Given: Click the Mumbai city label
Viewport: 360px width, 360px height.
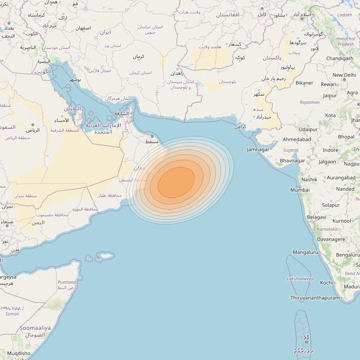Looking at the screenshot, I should pyautogui.click(x=300, y=190).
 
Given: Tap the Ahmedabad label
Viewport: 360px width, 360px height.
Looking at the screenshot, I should pyautogui.click(x=297, y=140).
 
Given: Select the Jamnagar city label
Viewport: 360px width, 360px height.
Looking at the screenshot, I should pyautogui.click(x=258, y=149).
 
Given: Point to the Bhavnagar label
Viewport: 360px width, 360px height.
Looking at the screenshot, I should pyautogui.click(x=292, y=160).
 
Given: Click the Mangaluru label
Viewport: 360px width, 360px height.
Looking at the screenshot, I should pyautogui.click(x=305, y=252).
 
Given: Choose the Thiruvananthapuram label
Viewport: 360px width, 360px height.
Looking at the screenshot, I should pyautogui.click(x=315, y=298).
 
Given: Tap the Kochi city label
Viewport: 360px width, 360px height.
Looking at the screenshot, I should pyautogui.click(x=326, y=283).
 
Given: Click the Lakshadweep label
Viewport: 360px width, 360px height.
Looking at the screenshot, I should pyautogui.click(x=300, y=279).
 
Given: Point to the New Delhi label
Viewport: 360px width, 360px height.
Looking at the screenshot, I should pyautogui.click(x=344, y=75).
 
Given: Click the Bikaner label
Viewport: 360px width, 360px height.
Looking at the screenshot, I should pyautogui.click(x=304, y=83).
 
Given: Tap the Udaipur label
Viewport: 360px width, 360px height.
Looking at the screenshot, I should pyautogui.click(x=308, y=129).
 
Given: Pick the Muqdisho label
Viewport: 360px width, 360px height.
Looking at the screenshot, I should pyautogui.click(x=19, y=353).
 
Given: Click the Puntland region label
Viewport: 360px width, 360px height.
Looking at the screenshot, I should pyautogui.click(x=67, y=282).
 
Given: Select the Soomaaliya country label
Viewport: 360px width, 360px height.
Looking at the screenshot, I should pyautogui.click(x=35, y=328).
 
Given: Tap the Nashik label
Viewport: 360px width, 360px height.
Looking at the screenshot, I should pyautogui.click(x=309, y=179).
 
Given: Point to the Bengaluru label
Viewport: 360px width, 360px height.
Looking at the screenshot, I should pyautogui.click(x=348, y=255).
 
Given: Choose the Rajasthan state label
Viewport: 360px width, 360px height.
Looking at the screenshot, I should pyautogui.click(x=310, y=102).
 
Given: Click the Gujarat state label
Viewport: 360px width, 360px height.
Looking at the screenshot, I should pyautogui.click(x=291, y=150).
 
